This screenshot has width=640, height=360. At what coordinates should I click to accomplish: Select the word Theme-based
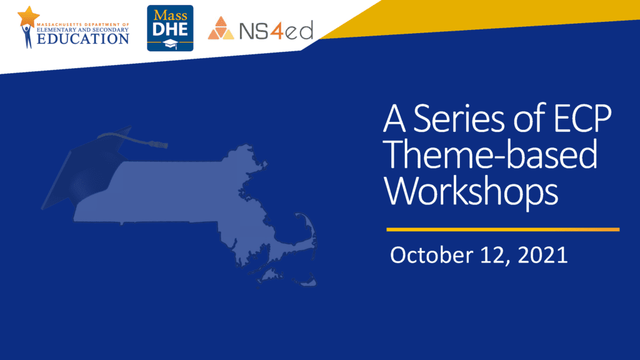491,154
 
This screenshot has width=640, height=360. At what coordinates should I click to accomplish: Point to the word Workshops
471,192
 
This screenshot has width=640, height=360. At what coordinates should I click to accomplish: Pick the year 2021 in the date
542,255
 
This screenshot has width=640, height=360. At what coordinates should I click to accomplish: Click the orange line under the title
503,229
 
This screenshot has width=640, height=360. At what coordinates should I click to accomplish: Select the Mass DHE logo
170,28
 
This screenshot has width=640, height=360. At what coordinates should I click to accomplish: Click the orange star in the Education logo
29,16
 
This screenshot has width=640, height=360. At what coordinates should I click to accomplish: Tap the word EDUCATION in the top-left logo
83,39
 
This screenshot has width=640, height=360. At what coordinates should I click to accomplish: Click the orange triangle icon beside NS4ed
221,29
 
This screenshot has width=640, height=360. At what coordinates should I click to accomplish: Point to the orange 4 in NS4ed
277,30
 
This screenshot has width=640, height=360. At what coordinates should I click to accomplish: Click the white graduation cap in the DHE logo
170,44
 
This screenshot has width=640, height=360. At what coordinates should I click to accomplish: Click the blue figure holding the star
27,36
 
